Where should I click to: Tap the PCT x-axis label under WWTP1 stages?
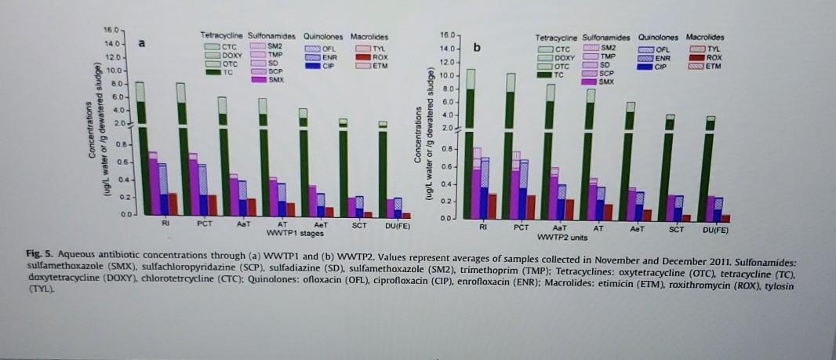click(x=205, y=224)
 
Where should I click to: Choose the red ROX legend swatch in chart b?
click(x=694, y=58)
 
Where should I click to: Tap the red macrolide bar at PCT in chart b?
click(x=531, y=208)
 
